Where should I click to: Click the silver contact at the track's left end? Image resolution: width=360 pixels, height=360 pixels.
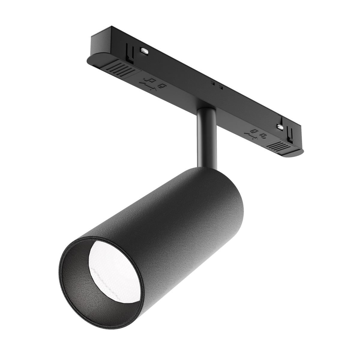144,51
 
